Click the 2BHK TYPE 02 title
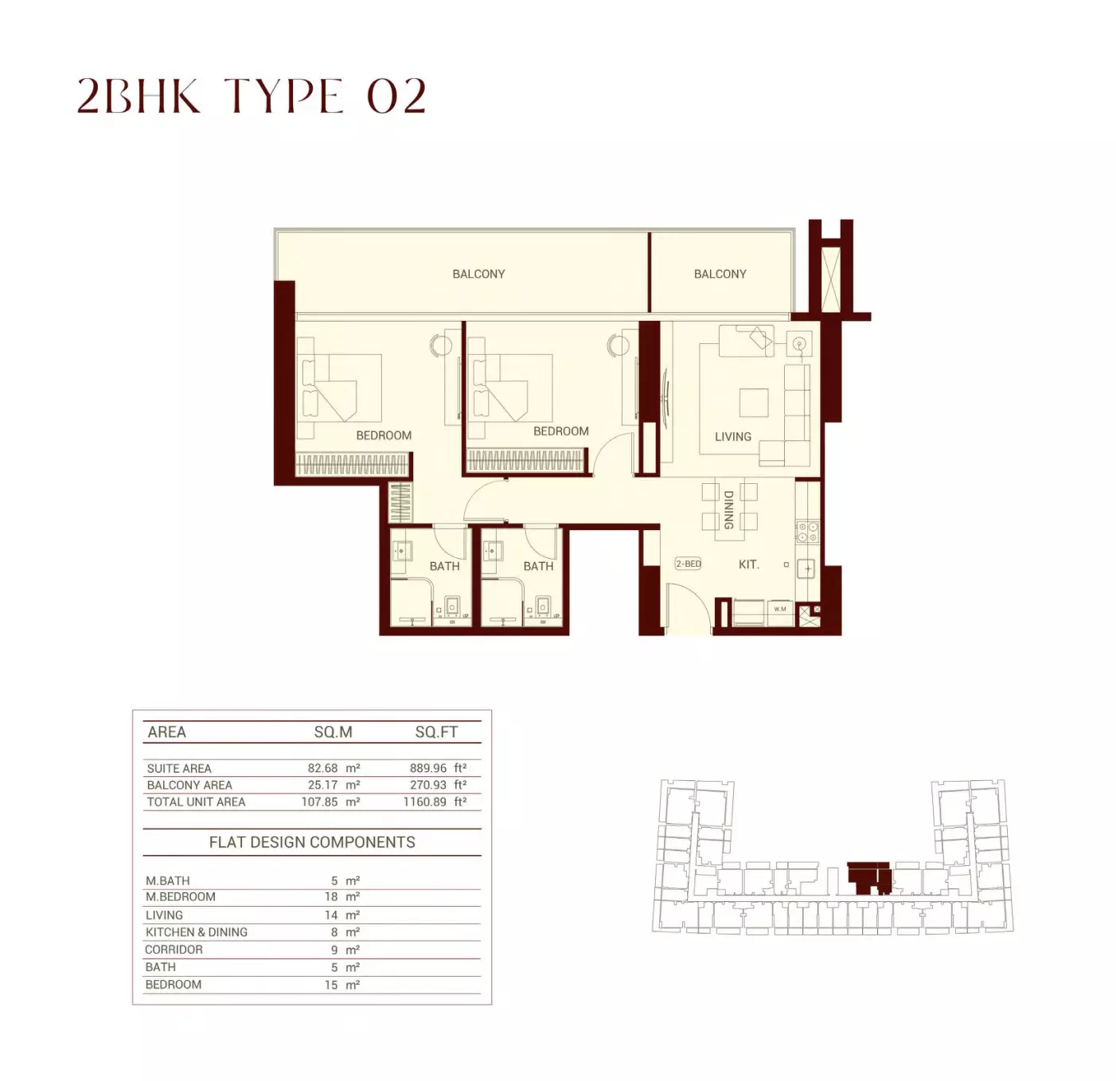coord(252,96)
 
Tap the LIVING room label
coord(732,436)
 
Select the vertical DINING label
coord(728,509)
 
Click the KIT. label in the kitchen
coord(748,564)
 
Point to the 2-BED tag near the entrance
coord(689,564)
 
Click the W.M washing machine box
coord(780,609)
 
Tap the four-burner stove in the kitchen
coord(807,532)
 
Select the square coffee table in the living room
coord(754,403)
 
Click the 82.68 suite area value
coord(323,768)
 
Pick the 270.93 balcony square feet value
coord(427,785)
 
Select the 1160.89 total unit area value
coord(424,802)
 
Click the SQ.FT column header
coord(436,732)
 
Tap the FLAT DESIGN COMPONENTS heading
coord(312,842)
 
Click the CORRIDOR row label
coord(174,949)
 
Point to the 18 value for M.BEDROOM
coord(331,896)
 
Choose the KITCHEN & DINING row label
coord(196,932)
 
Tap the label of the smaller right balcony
coord(720,274)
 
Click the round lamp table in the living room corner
coord(799,344)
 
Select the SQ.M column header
coord(334,732)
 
